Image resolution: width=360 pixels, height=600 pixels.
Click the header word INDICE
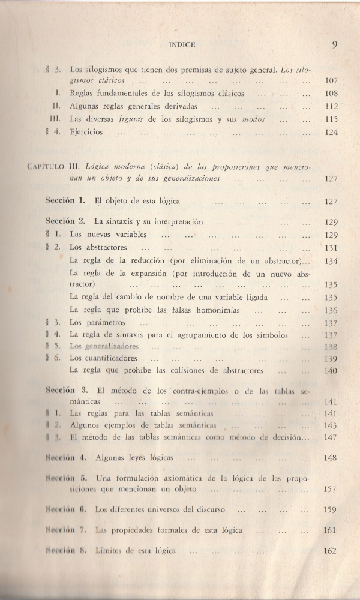[182, 44]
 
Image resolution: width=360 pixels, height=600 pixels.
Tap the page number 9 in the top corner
[334, 44]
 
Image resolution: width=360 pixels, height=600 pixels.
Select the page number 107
[331, 80]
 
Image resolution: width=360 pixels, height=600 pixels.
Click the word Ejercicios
[86, 132]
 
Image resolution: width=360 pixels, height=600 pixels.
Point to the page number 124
[331, 132]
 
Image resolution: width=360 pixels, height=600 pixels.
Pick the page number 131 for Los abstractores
[331, 247]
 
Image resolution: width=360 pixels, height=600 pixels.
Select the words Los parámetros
[97, 323]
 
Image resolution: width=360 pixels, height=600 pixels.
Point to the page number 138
[331, 346]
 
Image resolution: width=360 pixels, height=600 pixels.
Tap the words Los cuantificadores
[103, 358]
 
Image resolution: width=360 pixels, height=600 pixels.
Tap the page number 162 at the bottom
[331, 551]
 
